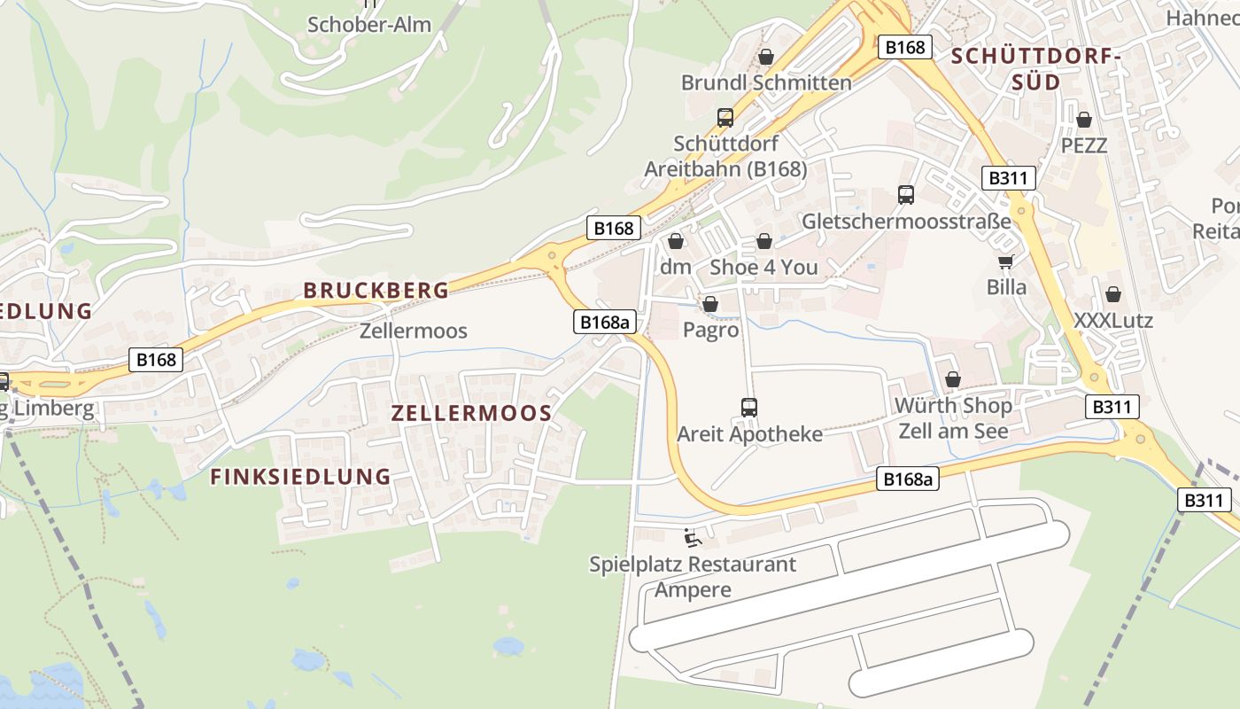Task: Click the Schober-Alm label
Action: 369,25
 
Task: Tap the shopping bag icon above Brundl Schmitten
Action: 766,58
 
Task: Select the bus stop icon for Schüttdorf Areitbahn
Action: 725,118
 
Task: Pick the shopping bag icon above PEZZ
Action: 1083,120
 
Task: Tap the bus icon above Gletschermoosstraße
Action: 905,195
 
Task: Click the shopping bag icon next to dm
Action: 676,241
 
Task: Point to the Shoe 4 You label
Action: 763,267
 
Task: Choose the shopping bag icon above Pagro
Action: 709,305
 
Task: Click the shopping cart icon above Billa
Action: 1005,261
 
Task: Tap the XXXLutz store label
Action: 1113,320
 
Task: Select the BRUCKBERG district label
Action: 376,290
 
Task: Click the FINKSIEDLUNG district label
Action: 300,477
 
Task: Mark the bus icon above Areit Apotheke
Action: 749,408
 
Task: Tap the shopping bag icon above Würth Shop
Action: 953,380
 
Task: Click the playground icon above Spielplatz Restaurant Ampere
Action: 693,538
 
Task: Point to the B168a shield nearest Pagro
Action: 606,322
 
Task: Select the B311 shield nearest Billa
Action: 1009,178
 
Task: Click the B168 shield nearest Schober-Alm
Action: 612,229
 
